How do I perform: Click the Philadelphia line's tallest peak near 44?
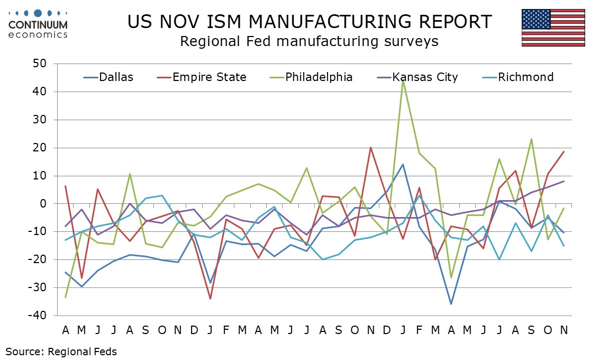point(403,80)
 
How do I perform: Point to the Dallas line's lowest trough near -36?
point(451,304)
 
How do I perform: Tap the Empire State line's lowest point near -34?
point(211,299)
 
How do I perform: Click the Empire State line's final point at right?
point(564,151)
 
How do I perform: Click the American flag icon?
point(553,28)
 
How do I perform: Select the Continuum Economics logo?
point(38,24)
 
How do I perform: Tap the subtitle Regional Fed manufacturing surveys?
point(309,41)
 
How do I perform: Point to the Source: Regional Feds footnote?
point(61,351)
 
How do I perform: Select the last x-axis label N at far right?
point(564,330)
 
